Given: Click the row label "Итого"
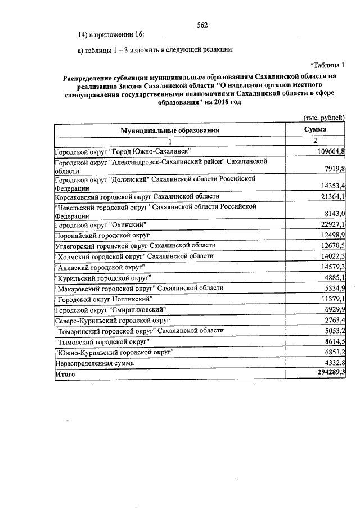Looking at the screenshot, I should (x=65, y=373).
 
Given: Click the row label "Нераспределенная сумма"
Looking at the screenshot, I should (x=94, y=363).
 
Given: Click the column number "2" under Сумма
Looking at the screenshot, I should (x=316, y=141).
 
